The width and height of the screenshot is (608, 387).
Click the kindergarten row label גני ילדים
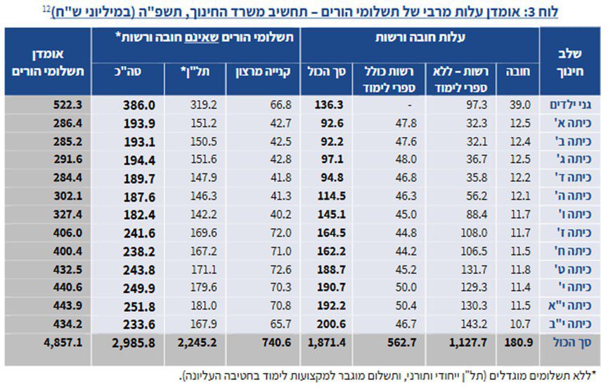569,104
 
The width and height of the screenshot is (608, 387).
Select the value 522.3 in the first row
68,104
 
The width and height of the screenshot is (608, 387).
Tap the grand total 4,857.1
64,344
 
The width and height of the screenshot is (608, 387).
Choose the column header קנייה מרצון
262,71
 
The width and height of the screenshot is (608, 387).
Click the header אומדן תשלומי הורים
48,63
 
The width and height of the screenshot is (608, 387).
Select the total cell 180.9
521,344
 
